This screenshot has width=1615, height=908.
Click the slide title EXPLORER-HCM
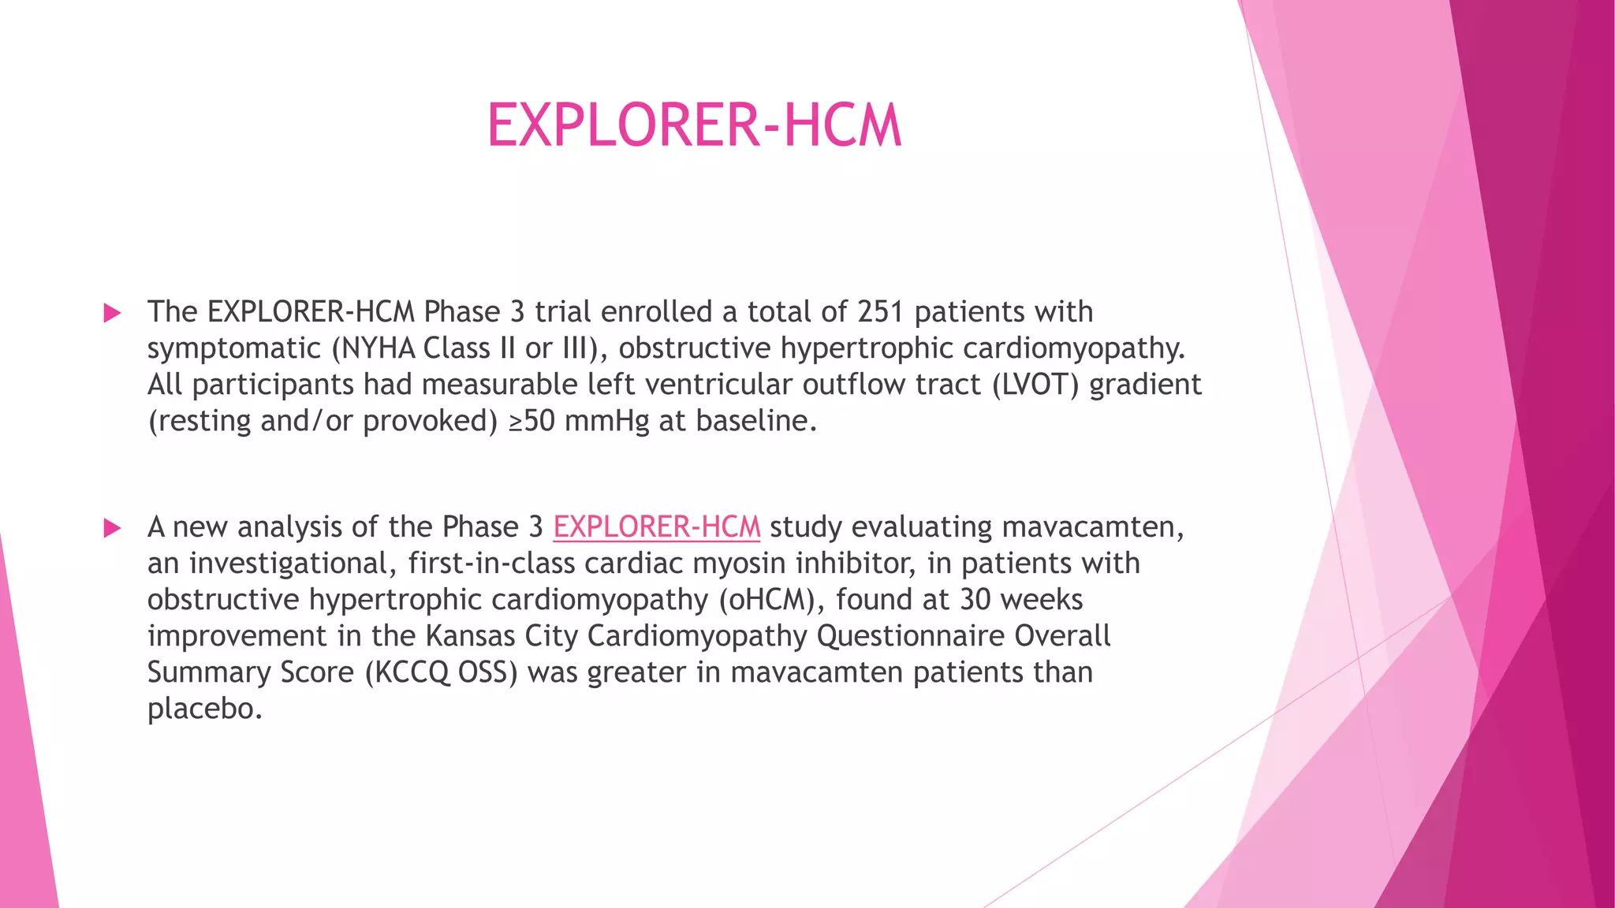pyautogui.click(x=694, y=125)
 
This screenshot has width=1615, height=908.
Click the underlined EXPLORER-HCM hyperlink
pyautogui.click(x=656, y=527)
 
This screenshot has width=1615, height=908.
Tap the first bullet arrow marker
pyautogui.click(x=113, y=313)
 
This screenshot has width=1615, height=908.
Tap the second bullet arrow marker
pyautogui.click(x=113, y=528)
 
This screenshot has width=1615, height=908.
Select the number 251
pyautogui.click(x=880, y=312)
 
